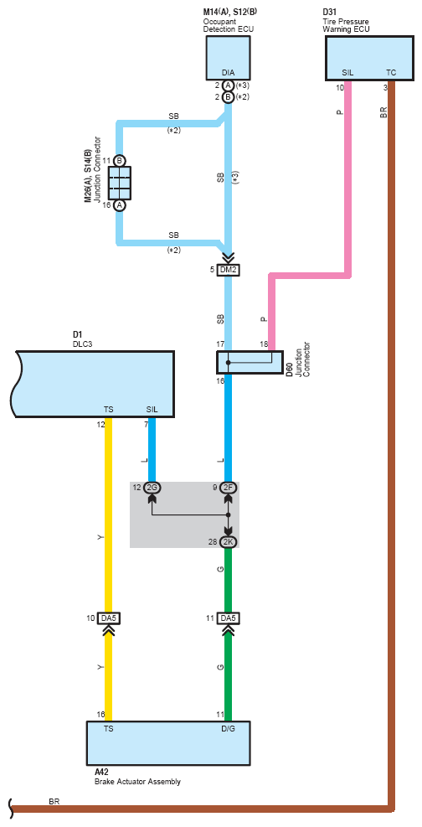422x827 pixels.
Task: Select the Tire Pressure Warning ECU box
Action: [x=368, y=59]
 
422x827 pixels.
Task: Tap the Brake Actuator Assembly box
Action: [x=168, y=743]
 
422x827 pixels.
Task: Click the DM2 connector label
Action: [x=228, y=270]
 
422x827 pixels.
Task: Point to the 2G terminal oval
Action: [x=152, y=488]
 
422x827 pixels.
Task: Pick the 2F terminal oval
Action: [x=228, y=488]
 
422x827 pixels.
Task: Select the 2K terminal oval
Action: [x=228, y=541]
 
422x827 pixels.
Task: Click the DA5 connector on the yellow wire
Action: [x=109, y=618]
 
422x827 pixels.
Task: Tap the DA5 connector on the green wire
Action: [x=228, y=618]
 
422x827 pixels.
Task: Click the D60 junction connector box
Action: [x=250, y=362]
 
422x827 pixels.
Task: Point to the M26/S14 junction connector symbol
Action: [x=120, y=183]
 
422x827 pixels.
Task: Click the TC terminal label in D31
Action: [x=391, y=73]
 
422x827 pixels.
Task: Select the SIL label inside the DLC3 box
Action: [x=152, y=410]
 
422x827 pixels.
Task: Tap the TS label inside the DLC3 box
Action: [x=109, y=410]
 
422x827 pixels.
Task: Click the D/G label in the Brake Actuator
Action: [x=228, y=730]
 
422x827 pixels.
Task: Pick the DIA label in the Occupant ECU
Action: [x=228, y=73]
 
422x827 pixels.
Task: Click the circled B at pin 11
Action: [x=120, y=160]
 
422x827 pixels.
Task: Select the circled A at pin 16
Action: [x=120, y=205]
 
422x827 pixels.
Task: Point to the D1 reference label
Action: [x=77, y=334]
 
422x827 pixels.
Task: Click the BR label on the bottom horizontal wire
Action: [x=54, y=802]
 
